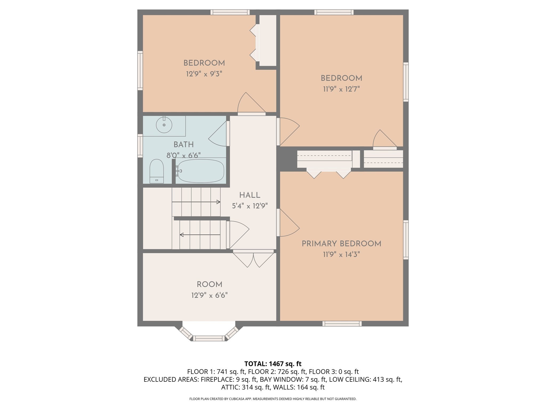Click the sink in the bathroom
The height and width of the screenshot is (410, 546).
click(164, 125)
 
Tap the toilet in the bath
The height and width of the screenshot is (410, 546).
click(156, 171)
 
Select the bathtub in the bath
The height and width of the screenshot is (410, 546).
click(201, 171)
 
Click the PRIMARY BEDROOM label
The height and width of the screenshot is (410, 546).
click(341, 243)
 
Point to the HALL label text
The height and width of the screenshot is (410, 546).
click(250, 195)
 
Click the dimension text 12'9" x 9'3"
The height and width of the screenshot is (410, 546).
click(204, 74)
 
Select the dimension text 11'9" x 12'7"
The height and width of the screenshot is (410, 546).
click(341, 89)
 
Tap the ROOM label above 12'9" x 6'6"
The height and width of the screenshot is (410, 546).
click(209, 284)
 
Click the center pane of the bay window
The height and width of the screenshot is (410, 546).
click(209, 338)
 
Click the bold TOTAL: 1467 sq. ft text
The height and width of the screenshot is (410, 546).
click(273, 364)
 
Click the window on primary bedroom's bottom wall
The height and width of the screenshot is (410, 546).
click(342, 324)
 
